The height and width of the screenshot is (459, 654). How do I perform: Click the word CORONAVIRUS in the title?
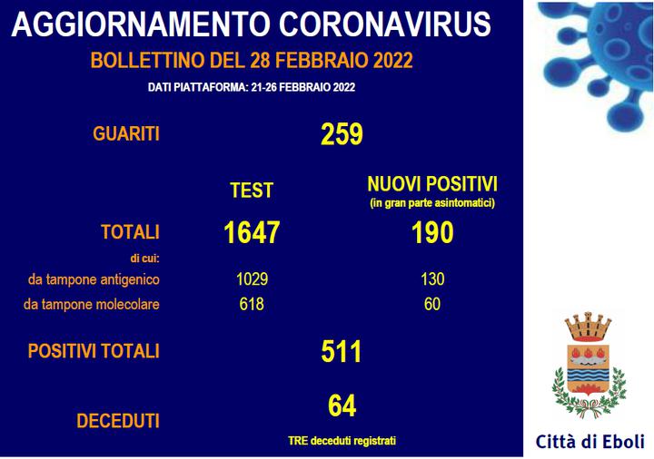point(385,24)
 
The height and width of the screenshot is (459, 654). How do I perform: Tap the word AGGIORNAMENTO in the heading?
point(141,24)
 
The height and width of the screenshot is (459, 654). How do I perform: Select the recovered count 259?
point(342,134)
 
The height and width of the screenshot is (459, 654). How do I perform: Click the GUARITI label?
point(126,134)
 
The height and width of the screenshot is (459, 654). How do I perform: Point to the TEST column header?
point(252,190)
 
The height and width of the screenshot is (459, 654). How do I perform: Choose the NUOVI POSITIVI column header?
point(432,184)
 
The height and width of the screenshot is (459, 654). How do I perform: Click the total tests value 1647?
point(252,232)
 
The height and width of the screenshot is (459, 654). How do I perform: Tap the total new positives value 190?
point(432,232)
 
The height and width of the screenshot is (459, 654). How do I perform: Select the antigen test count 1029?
point(252,279)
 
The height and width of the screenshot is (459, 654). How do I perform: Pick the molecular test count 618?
point(252,304)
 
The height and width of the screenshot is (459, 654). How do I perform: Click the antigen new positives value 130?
point(432,279)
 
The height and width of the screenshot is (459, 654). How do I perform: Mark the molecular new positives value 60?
point(432,304)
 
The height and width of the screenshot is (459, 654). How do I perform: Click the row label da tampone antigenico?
point(94,279)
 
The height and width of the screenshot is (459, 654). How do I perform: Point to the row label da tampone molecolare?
point(92,305)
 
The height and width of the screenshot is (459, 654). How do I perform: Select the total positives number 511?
point(342,352)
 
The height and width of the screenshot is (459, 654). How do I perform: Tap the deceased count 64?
point(342,405)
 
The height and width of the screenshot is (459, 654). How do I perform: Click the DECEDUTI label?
point(118,421)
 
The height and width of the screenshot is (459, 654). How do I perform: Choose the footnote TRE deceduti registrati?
point(342,441)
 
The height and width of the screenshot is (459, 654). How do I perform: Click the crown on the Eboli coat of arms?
point(588,327)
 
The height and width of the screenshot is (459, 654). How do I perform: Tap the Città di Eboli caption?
point(590,442)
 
